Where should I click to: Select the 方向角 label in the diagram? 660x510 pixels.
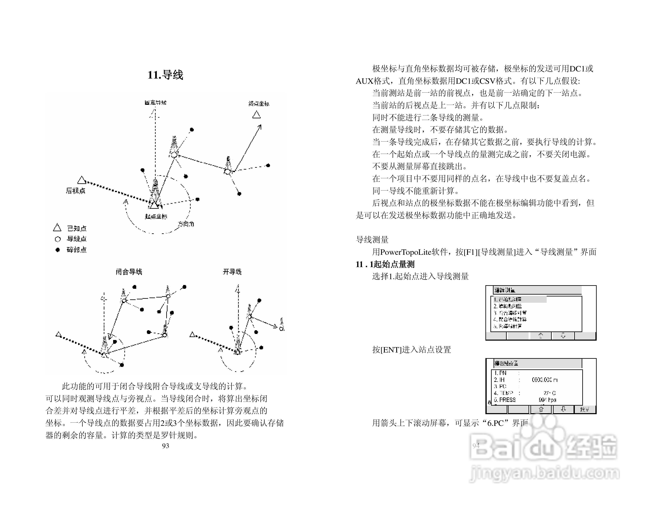(x=186, y=224)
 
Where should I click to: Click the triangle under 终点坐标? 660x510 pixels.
(x=257, y=115)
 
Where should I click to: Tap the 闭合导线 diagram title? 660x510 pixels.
(x=129, y=272)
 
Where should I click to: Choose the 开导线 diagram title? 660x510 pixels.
(x=232, y=272)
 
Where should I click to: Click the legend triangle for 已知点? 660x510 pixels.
(x=57, y=228)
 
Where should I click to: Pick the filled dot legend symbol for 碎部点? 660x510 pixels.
(x=57, y=250)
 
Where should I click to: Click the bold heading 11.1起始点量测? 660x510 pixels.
(x=385, y=264)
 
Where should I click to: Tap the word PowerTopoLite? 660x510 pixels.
(x=406, y=252)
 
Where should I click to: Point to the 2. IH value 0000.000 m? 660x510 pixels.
(x=544, y=380)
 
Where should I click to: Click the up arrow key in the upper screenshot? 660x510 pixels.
(x=541, y=336)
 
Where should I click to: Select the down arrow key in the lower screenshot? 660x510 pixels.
(x=563, y=409)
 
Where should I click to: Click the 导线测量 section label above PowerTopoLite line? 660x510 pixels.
(x=372, y=240)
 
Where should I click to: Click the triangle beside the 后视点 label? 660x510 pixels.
(x=82, y=180)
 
